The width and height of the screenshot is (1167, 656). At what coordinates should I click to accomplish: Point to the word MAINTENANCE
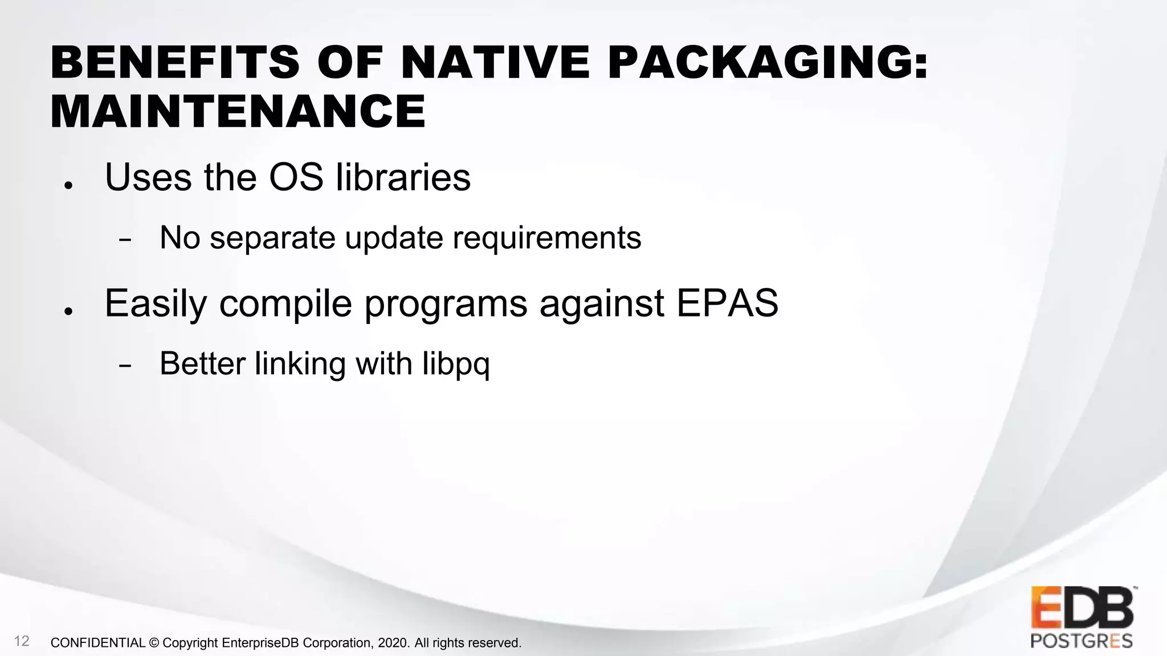click(238, 112)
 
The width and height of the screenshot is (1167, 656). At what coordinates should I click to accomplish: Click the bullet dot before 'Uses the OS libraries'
click(68, 186)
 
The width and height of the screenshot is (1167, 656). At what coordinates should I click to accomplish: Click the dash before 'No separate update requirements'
click(125, 240)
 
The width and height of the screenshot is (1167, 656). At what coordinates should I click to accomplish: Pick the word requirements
click(547, 239)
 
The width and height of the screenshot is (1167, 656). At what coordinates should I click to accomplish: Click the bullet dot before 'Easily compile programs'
click(68, 311)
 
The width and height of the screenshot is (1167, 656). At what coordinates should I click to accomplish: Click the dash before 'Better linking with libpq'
click(125, 366)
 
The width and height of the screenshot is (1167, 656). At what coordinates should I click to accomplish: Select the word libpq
click(456, 364)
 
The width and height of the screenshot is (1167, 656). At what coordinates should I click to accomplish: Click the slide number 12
click(22, 641)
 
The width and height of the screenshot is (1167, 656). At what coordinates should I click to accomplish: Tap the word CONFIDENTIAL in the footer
click(98, 643)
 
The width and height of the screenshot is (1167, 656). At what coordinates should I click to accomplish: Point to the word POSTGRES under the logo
click(1082, 641)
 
